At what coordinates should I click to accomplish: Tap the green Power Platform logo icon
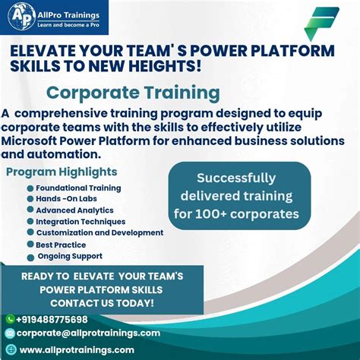point(321,24)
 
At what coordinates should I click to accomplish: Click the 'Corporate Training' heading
point(133,93)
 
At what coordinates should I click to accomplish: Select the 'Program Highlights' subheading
point(62,172)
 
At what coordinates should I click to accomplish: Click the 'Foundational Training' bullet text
point(78,188)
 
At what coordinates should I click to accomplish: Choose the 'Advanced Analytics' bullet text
point(74,210)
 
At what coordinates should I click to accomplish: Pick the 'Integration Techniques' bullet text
point(81,222)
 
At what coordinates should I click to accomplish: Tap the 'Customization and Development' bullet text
point(99,233)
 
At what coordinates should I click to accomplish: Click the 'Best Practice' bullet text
point(61,245)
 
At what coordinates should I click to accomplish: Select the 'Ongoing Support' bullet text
point(70,256)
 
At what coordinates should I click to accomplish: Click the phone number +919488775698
point(52,320)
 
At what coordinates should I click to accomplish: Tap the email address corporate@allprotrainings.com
point(88,333)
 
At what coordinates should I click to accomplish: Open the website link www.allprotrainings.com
point(76,349)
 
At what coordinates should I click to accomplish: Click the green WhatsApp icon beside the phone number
point(10,320)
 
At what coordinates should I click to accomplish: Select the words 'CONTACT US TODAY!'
point(102,303)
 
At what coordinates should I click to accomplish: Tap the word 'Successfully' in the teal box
point(236,178)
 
